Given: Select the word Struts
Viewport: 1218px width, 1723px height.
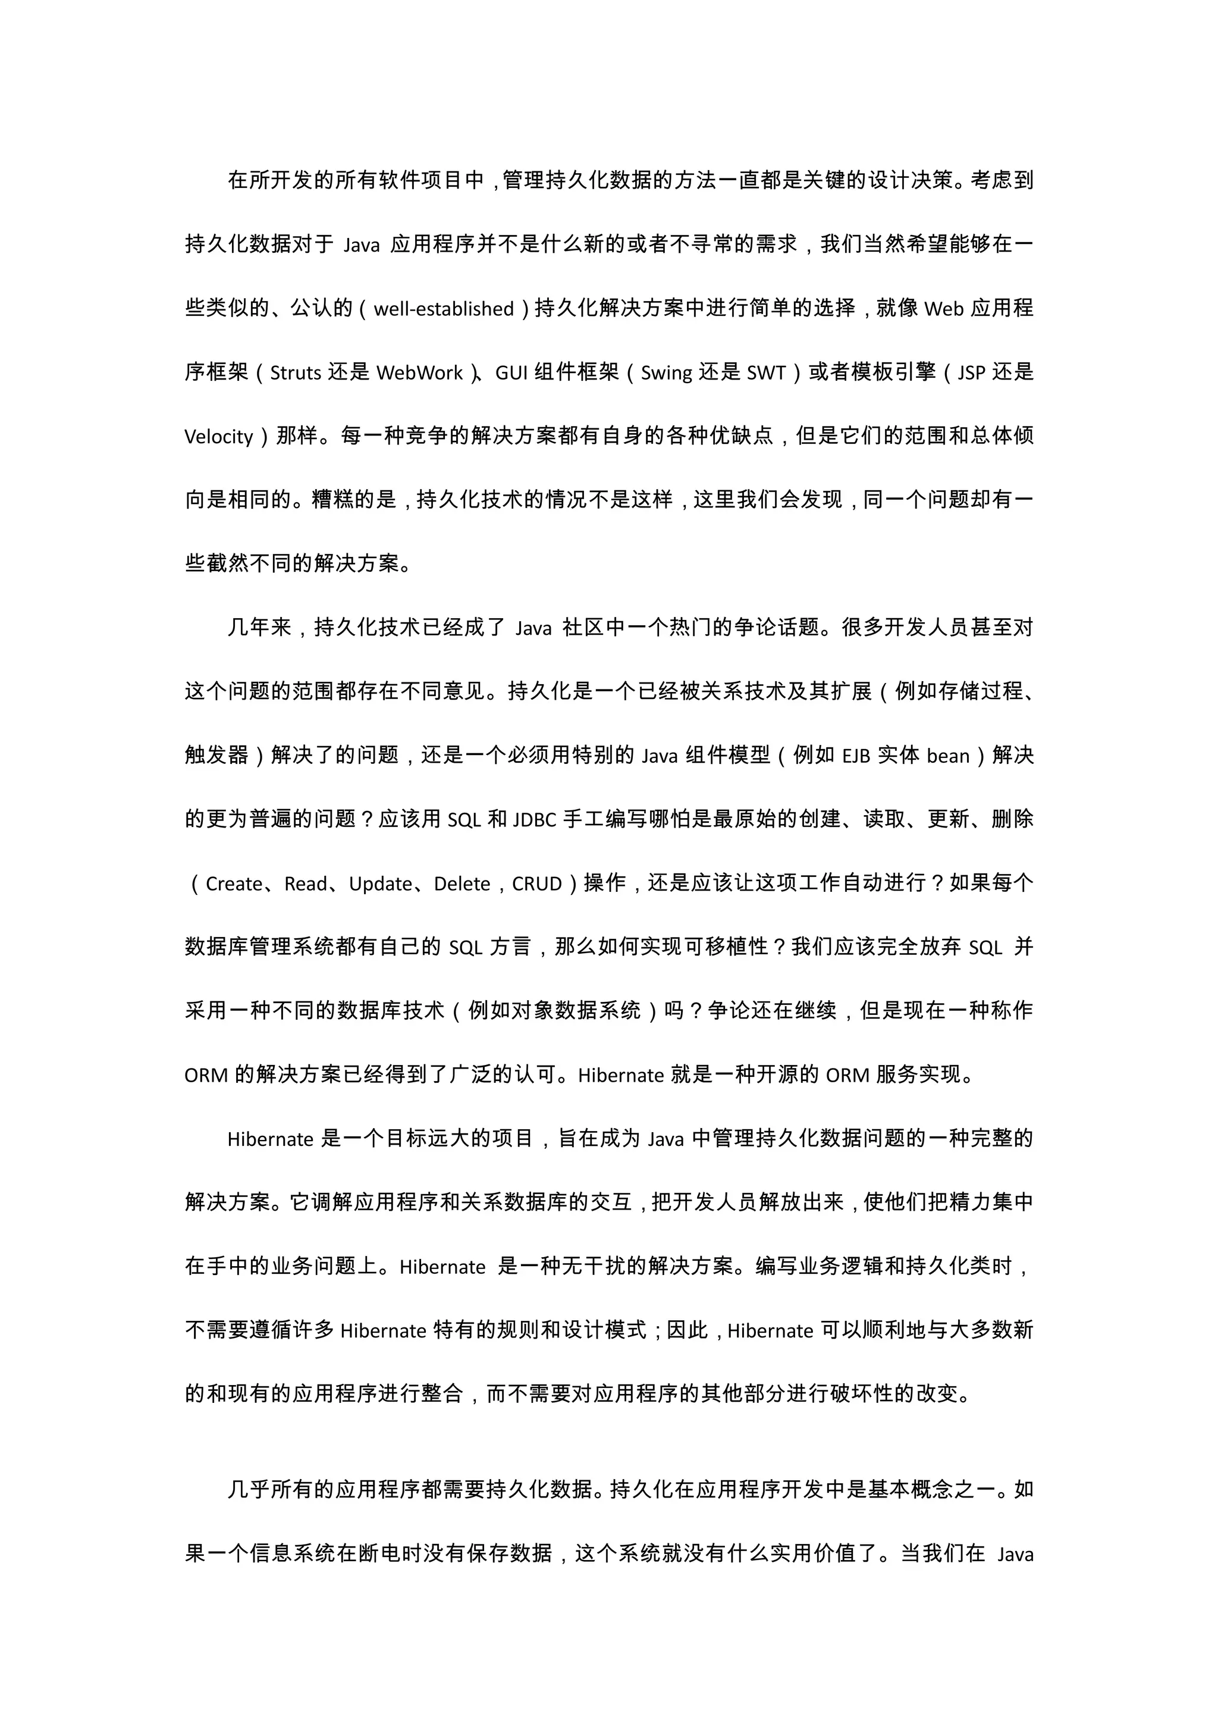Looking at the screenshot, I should (x=296, y=373).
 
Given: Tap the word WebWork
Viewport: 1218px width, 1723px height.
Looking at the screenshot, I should (x=419, y=373).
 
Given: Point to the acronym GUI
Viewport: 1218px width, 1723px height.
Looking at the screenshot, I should (x=511, y=373).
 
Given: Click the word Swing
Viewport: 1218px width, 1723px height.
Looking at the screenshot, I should (x=666, y=373).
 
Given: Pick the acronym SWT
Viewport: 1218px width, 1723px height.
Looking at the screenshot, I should (x=766, y=373).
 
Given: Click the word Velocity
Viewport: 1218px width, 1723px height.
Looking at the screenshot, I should (x=219, y=437).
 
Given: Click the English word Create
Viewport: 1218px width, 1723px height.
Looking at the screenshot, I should (x=234, y=884).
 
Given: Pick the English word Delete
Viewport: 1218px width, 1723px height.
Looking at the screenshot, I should (x=462, y=884).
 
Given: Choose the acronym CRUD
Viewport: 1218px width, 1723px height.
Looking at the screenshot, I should (x=537, y=884).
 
